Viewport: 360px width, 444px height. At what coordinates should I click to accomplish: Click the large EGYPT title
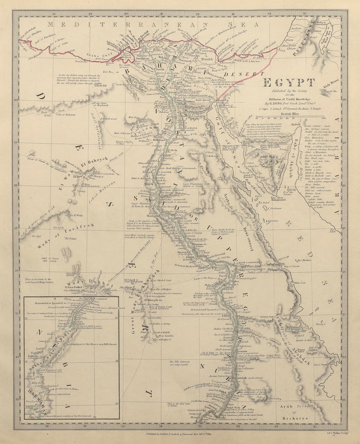click(289, 83)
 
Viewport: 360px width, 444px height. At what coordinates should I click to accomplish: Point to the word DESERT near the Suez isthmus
click(241, 74)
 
